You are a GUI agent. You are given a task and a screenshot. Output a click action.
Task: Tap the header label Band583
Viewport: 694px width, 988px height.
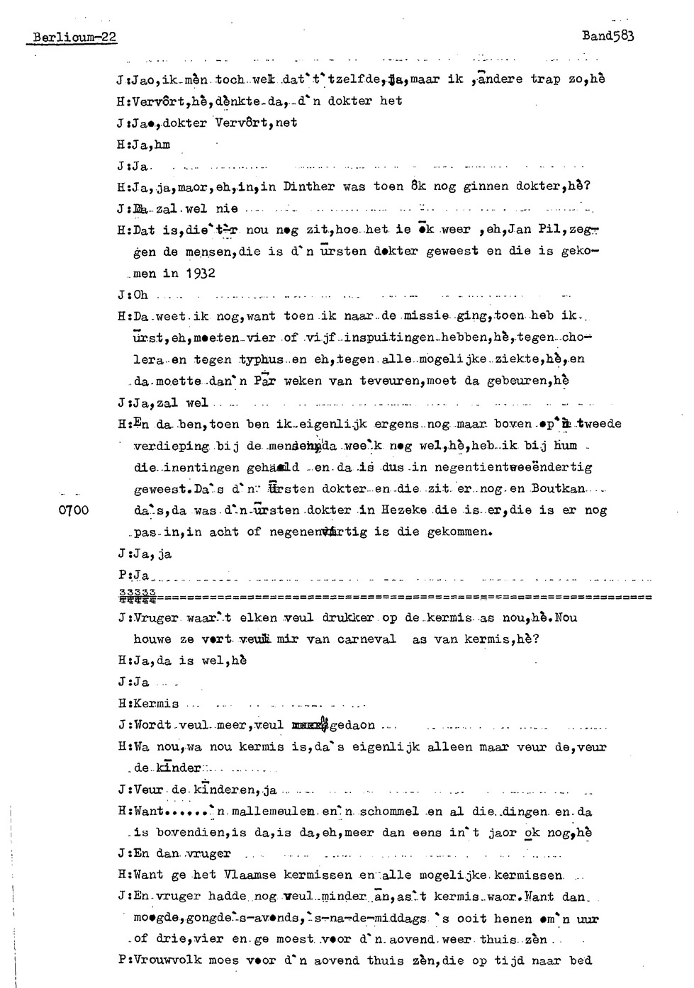click(608, 35)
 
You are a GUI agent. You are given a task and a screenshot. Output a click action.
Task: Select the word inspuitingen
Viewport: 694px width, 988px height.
click(364, 338)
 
